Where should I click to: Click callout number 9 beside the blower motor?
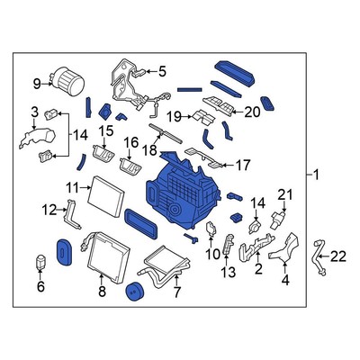point(37,84)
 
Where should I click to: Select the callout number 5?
point(162,70)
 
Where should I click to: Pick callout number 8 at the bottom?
point(102,292)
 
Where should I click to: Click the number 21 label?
point(285,194)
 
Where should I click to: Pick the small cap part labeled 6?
point(40,265)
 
